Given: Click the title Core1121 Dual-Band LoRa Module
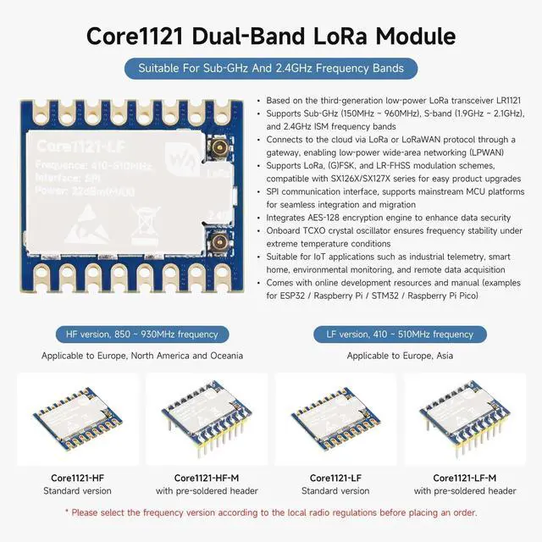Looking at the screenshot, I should [271, 36].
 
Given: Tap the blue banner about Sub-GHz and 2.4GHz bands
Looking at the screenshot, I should [271, 69].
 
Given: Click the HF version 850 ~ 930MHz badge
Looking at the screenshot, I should [136, 334].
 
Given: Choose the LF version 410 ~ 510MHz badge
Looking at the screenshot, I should [401, 334].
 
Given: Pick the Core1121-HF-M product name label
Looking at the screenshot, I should [205, 478].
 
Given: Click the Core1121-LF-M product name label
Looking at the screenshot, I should [464, 478].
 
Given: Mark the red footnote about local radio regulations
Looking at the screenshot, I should [271, 512].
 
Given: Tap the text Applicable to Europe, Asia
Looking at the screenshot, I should [400, 356].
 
